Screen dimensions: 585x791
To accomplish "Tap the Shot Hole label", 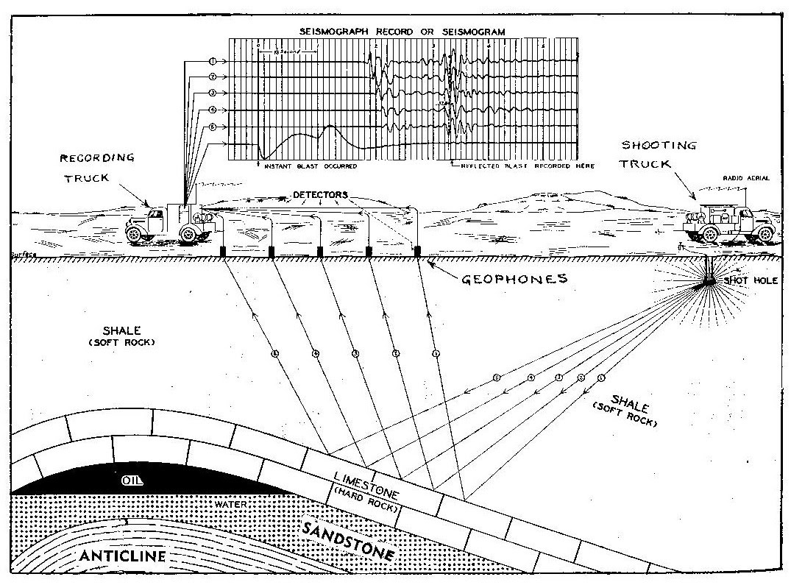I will (745, 280).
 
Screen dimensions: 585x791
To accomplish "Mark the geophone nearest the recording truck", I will (223, 252).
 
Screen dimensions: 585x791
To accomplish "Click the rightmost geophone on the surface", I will (417, 252).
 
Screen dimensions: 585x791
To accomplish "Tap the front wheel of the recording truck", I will (134, 235).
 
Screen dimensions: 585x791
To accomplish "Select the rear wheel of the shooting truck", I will (711, 234).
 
